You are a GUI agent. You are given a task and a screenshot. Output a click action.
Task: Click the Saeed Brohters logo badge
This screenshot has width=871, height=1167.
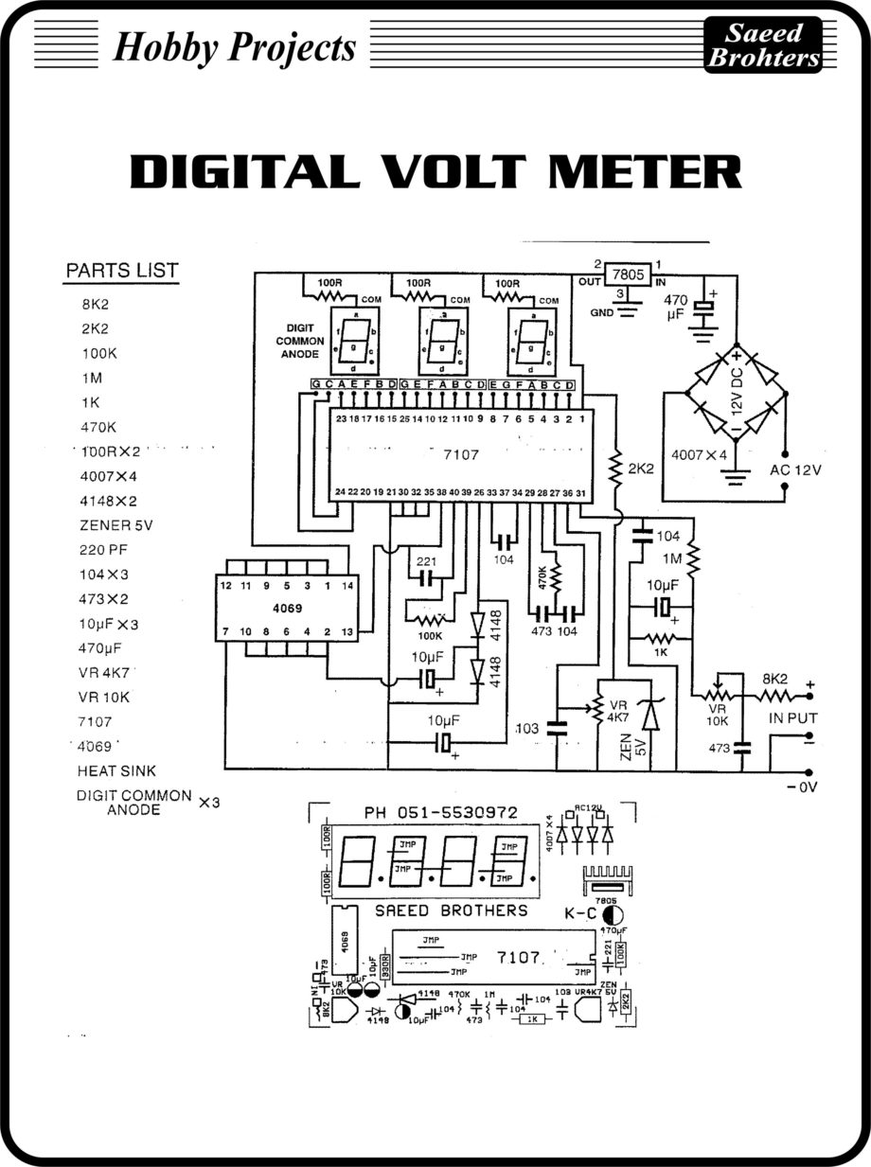tap(763, 45)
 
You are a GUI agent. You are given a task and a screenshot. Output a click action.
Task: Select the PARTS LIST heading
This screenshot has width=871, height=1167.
tap(121, 271)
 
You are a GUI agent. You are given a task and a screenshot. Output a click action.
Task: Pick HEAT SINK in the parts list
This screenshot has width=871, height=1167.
tap(117, 771)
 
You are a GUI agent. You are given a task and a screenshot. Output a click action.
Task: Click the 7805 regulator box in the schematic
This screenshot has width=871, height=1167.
tap(625, 274)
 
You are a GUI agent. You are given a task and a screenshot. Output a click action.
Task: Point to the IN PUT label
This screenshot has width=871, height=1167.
tap(792, 718)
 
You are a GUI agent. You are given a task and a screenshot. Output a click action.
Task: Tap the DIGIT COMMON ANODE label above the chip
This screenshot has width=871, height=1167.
tap(300, 339)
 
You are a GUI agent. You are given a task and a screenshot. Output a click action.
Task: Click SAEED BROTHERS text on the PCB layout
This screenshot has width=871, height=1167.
tap(452, 911)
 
